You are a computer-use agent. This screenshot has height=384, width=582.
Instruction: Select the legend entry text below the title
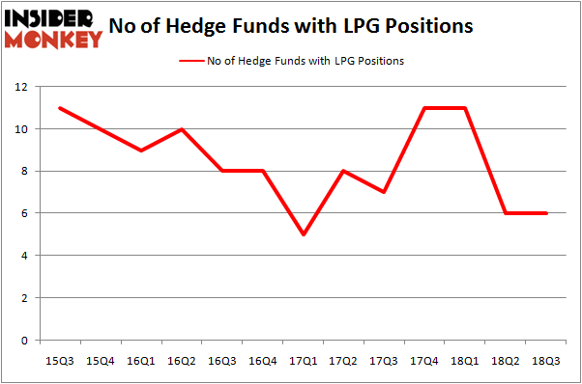(x=306, y=61)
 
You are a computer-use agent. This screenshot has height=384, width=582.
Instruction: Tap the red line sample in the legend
(x=190, y=61)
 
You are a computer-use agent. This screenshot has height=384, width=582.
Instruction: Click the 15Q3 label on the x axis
(x=60, y=360)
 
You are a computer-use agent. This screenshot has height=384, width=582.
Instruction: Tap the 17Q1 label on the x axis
(x=304, y=360)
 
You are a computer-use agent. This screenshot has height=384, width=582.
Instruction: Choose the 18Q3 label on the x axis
(x=547, y=360)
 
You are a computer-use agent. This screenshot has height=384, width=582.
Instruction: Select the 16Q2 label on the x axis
(x=182, y=360)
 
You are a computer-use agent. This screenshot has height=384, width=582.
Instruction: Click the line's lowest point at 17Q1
(x=304, y=234)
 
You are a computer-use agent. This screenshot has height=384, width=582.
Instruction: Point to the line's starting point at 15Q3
(x=60, y=108)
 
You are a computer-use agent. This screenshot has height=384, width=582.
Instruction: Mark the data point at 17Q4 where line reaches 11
(x=425, y=108)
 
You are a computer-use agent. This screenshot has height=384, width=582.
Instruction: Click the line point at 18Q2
(x=507, y=213)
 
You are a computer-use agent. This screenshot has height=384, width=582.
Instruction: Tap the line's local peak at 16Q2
(x=182, y=129)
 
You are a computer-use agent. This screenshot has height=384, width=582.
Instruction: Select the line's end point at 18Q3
(x=547, y=213)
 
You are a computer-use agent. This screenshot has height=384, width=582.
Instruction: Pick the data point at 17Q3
(x=385, y=192)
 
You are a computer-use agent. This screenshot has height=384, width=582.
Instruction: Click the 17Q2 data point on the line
(x=344, y=171)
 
